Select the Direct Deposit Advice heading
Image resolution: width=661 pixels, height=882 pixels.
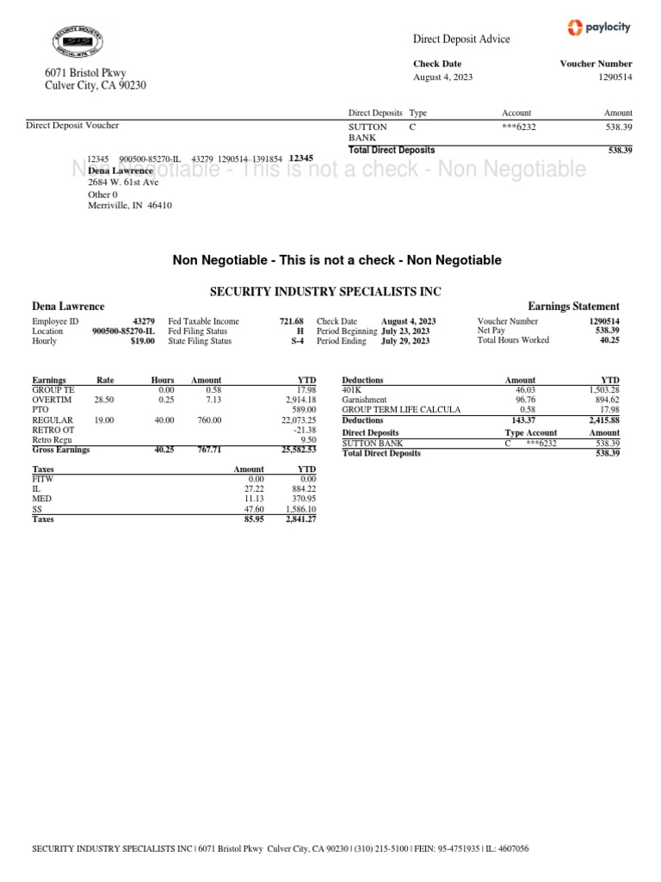click(461, 39)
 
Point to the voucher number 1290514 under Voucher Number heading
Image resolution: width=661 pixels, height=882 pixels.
click(609, 78)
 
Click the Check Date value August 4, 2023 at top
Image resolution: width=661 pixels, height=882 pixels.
click(442, 78)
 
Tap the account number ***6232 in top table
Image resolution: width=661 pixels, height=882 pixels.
click(519, 127)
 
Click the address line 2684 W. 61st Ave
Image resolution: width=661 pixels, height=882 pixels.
click(123, 183)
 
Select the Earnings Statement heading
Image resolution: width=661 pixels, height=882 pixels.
click(572, 307)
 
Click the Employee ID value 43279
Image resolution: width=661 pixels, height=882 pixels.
click(144, 321)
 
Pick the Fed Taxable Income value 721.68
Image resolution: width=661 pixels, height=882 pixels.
click(292, 321)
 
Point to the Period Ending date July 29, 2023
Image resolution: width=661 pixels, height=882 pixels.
click(405, 341)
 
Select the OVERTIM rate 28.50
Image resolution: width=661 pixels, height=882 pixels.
click(103, 401)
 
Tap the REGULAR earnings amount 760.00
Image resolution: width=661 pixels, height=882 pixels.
click(206, 420)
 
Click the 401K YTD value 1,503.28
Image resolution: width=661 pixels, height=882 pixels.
click(601, 390)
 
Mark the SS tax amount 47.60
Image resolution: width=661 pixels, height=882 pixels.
click(253, 510)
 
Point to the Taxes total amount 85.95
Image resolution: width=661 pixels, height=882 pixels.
click(252, 520)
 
